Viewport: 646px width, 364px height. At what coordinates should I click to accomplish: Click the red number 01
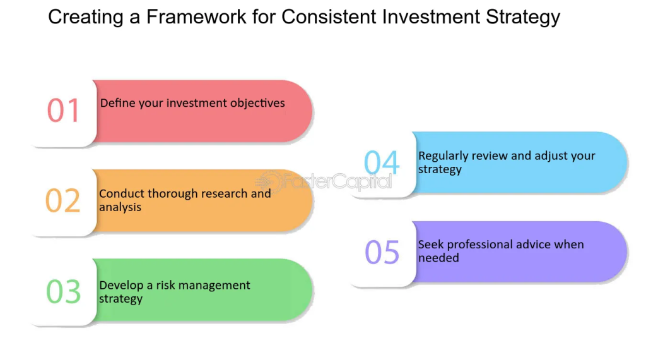coord(63,111)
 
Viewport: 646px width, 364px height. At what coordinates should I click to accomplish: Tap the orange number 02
coord(62,200)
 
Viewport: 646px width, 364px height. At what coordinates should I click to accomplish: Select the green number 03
coord(64,291)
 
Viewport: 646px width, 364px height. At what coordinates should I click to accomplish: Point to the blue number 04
coord(382,162)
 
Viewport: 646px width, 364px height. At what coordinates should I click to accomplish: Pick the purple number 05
coord(382,252)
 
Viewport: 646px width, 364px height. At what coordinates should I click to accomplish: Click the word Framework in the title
coord(197,17)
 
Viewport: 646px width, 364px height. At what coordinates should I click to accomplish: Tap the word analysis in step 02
coord(120,207)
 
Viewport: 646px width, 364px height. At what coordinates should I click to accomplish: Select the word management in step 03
coord(214,286)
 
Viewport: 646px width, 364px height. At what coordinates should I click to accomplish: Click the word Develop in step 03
coord(121,286)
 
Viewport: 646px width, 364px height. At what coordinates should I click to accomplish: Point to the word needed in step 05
coord(438,258)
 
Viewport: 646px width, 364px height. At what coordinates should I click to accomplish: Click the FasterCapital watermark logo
coord(324,181)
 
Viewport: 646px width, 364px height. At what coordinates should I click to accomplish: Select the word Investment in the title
coord(431,17)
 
